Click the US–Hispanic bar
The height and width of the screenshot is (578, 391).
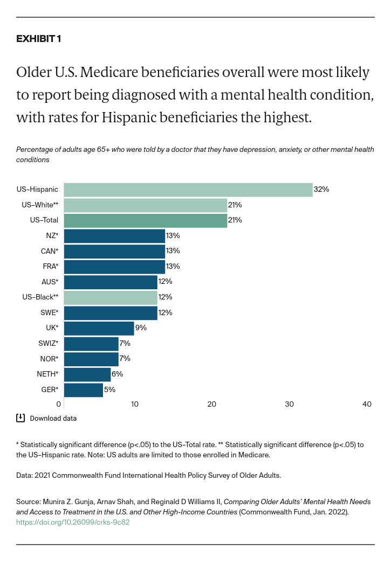click(x=188, y=190)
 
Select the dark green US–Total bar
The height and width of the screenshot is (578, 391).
click(x=146, y=220)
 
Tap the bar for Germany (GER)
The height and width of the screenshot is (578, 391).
click(x=84, y=390)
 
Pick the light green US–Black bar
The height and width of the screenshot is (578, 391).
click(x=111, y=297)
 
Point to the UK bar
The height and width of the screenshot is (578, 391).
click(x=99, y=328)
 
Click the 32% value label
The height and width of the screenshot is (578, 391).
click(x=321, y=190)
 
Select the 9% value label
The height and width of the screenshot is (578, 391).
click(x=141, y=328)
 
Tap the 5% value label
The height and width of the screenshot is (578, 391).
click(x=110, y=390)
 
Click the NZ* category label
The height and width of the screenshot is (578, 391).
click(x=52, y=236)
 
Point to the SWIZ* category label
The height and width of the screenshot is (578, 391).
click(x=49, y=344)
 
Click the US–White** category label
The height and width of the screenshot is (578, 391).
click(x=40, y=205)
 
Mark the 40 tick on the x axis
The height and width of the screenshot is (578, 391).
click(x=367, y=405)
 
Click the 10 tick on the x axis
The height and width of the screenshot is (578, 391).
click(x=134, y=405)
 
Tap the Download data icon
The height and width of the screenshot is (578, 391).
click(x=20, y=418)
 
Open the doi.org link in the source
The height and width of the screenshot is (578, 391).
click(x=73, y=522)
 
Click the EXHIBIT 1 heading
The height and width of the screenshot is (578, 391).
click(x=39, y=39)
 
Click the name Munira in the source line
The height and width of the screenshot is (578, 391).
click(x=55, y=502)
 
